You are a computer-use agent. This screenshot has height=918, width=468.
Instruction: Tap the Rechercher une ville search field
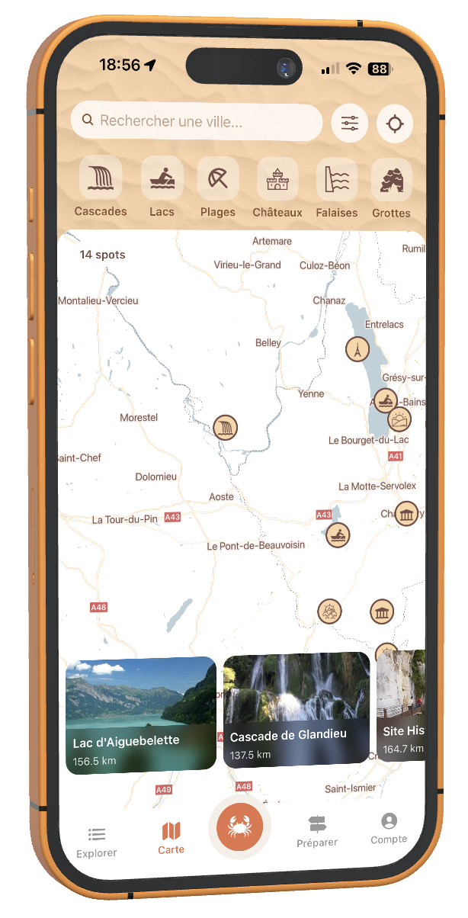(x=196, y=121)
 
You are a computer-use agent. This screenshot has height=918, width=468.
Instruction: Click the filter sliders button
(x=350, y=124)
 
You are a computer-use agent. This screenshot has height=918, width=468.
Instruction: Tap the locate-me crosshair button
(x=394, y=124)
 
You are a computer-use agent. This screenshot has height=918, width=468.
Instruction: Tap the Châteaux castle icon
(x=277, y=181)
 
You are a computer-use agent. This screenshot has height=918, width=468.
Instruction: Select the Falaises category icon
(x=337, y=182)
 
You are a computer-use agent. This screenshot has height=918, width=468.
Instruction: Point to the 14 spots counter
(x=102, y=255)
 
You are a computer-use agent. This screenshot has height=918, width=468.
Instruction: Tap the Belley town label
(x=268, y=343)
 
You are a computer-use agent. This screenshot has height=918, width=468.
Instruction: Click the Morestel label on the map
(x=139, y=418)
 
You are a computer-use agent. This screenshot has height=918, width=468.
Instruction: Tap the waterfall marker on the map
(x=226, y=428)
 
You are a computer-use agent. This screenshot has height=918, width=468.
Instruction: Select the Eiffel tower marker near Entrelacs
(x=357, y=350)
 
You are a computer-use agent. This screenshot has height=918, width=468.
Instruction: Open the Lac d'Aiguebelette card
(x=140, y=716)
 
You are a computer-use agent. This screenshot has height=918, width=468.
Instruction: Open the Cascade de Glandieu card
(x=296, y=709)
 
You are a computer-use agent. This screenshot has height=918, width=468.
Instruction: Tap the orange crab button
(x=239, y=826)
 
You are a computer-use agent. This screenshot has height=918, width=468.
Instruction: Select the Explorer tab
(x=97, y=842)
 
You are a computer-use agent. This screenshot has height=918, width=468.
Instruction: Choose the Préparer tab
(x=317, y=830)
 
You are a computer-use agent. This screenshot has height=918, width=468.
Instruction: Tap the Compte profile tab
(x=389, y=827)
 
